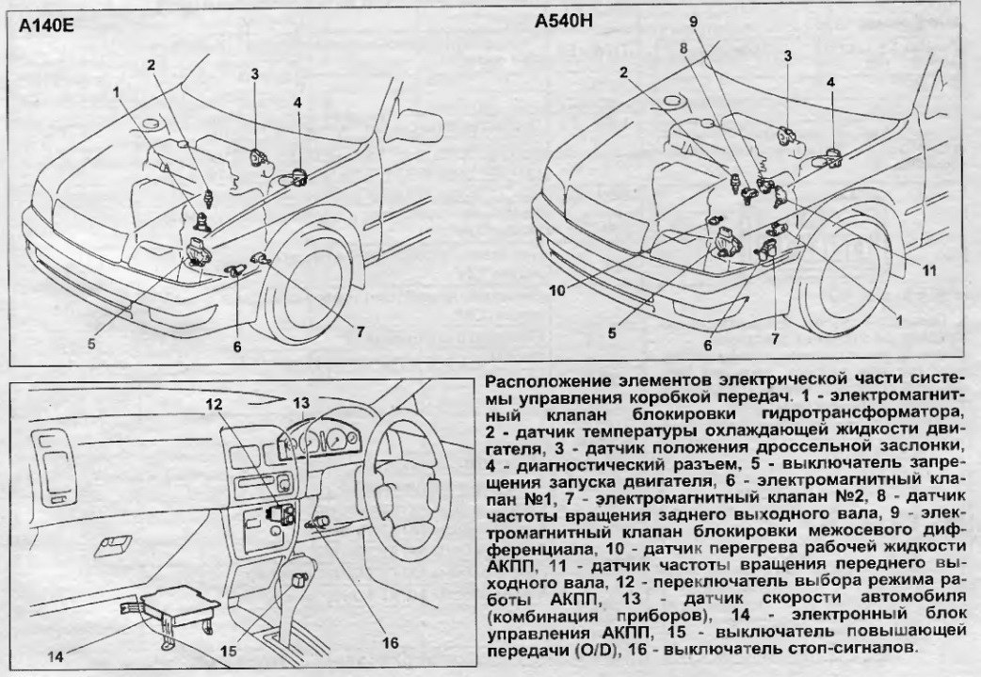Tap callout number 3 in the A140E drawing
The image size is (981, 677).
(254, 74)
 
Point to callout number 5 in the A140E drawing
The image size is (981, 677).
(91, 344)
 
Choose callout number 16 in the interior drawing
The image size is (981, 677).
(389, 643)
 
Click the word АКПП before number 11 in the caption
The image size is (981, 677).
(512, 565)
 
